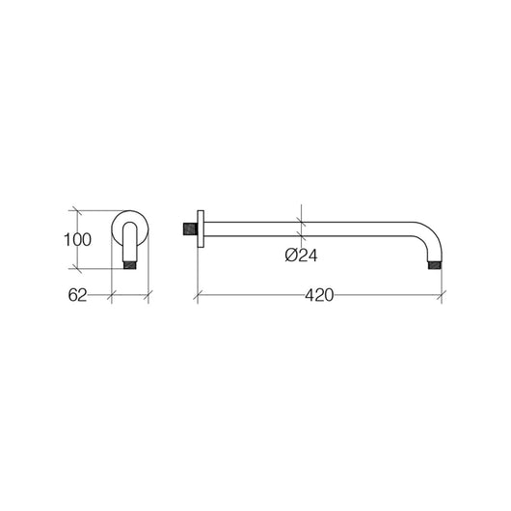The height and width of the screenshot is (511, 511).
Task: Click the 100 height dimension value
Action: pyautogui.click(x=78, y=240)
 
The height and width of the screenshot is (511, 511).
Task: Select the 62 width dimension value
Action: pyautogui.click(x=79, y=297)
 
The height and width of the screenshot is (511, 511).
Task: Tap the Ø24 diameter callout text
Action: pyautogui.click(x=303, y=255)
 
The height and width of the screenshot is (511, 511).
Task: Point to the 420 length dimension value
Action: pyautogui.click(x=320, y=297)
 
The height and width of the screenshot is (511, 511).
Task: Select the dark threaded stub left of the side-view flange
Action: pyautogui.click(x=188, y=229)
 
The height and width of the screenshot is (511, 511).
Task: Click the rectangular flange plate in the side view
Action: pyautogui.click(x=200, y=229)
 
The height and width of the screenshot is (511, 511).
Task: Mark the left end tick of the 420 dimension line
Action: pyautogui.click(x=197, y=296)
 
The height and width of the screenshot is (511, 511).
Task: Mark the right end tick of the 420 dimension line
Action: pyautogui.click(x=442, y=296)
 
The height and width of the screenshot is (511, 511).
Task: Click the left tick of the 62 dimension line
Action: pyautogui.click(x=112, y=296)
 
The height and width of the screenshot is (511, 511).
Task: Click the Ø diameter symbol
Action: pyautogui.click(x=291, y=255)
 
